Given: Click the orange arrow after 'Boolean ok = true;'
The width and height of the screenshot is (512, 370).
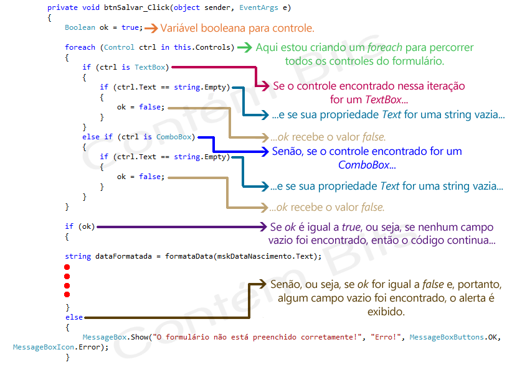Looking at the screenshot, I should (151, 28).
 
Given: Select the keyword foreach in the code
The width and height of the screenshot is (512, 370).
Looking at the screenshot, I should (80, 48).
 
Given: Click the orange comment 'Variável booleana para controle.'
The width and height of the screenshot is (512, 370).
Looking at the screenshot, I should (237, 28).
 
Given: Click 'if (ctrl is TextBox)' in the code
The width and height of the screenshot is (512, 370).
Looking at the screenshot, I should (125, 67).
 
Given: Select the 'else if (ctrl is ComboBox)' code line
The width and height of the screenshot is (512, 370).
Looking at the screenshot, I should (138, 137).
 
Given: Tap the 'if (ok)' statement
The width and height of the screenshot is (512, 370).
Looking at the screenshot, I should (80, 226).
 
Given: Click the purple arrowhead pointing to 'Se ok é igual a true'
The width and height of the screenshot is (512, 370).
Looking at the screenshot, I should (264, 226).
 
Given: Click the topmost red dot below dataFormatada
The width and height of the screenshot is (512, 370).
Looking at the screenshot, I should (67, 267).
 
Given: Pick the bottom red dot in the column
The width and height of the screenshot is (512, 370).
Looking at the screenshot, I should (67, 294).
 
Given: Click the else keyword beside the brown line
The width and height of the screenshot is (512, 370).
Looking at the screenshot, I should (73, 317).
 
